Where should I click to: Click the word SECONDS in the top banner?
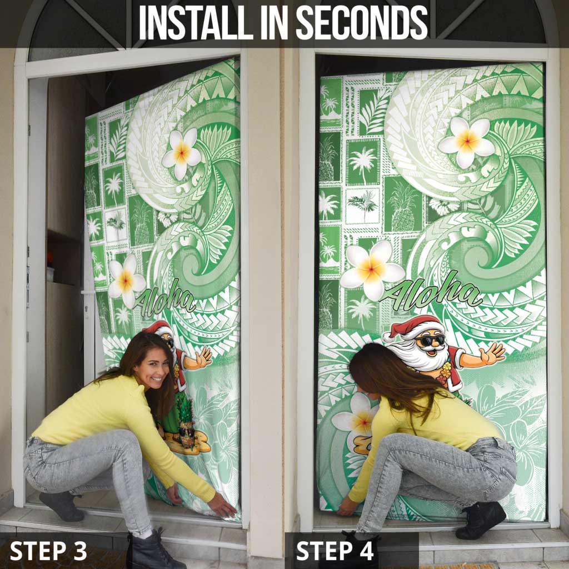(x=362, y=23)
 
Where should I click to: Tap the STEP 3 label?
(x=48, y=551)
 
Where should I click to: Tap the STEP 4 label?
(x=335, y=551)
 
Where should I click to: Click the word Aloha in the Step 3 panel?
(x=164, y=297)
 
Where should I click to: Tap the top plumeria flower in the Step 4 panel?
(x=467, y=142)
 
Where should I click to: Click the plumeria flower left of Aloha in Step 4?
(x=372, y=269)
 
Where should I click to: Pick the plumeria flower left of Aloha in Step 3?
(x=124, y=281)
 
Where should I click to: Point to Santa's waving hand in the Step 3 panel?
(x=200, y=357)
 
